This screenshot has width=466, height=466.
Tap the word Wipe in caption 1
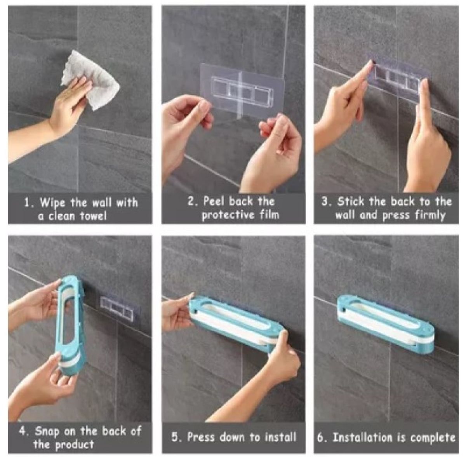52,203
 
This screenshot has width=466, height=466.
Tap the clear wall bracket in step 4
117,310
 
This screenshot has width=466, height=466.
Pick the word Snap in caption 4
47,431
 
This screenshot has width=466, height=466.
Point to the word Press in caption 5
200,437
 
